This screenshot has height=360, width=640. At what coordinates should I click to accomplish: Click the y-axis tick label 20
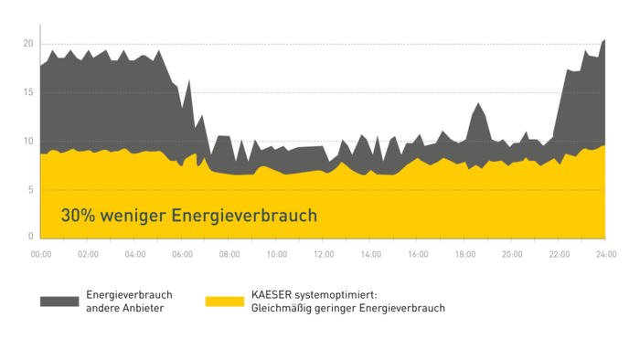click(28, 44)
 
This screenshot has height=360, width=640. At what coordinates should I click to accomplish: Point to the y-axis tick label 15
click(28, 92)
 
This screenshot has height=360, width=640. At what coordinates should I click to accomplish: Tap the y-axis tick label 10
click(28, 141)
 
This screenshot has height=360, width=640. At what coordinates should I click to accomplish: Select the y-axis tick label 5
click(30, 189)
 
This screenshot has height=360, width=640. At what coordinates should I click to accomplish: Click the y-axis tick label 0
click(30, 237)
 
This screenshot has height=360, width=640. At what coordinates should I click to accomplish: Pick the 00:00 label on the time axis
click(40, 253)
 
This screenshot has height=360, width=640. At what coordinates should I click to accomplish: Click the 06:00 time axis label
click(182, 253)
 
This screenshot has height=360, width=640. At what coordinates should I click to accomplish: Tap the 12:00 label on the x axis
click(323, 253)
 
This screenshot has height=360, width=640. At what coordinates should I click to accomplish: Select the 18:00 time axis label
click(464, 253)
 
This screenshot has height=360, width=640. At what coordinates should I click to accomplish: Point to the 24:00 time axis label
click(604, 253)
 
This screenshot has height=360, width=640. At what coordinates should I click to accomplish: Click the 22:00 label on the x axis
click(559, 253)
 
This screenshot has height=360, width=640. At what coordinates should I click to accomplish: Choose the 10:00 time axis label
click(276, 253)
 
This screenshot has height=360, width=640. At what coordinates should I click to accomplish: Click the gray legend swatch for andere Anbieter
click(59, 302)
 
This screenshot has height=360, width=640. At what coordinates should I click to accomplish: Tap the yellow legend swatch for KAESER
click(224, 302)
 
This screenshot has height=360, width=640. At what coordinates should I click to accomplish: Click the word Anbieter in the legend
click(142, 309)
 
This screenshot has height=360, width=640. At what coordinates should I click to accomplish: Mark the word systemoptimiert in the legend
click(343, 295)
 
